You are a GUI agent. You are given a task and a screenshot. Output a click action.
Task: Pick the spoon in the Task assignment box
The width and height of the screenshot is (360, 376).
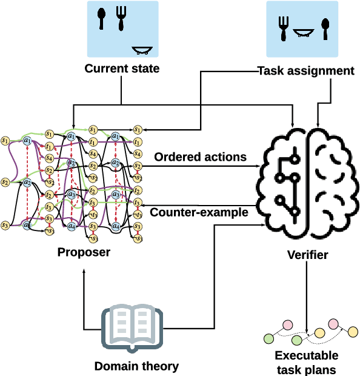325,29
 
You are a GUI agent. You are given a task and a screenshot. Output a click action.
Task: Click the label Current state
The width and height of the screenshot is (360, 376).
122,69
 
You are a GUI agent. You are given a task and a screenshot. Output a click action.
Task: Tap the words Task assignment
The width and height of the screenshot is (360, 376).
306,71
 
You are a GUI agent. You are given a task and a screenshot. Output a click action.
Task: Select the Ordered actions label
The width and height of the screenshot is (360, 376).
200,157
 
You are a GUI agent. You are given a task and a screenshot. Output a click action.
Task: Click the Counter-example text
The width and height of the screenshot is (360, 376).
198,212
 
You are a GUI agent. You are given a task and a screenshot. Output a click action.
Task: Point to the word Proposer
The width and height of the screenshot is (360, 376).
84,252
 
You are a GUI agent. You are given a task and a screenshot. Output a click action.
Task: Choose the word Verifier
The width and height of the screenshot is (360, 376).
307,255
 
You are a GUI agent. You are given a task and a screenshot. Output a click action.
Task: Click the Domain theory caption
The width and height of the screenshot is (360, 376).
136,366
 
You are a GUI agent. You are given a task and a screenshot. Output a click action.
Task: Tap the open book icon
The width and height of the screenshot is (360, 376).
132,326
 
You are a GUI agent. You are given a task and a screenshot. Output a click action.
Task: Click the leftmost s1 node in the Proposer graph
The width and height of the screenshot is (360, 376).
5,141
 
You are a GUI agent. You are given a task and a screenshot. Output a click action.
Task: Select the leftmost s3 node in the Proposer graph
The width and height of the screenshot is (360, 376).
5,226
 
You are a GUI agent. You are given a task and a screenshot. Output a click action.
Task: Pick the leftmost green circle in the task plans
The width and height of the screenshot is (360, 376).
270,338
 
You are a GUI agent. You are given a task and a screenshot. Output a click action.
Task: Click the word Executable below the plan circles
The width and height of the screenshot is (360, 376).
307,355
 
